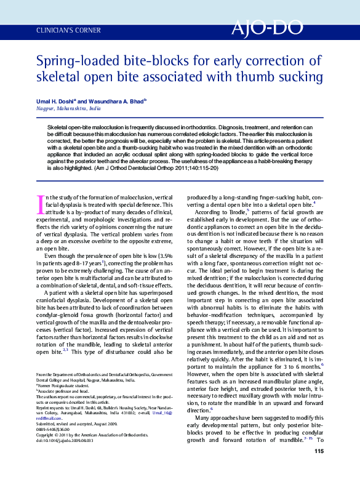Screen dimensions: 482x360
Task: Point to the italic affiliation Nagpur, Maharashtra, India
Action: [69, 108]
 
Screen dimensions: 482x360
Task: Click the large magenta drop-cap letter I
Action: [41, 201]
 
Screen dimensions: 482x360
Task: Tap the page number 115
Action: [318, 469]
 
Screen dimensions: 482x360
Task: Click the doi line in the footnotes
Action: [65, 441]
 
